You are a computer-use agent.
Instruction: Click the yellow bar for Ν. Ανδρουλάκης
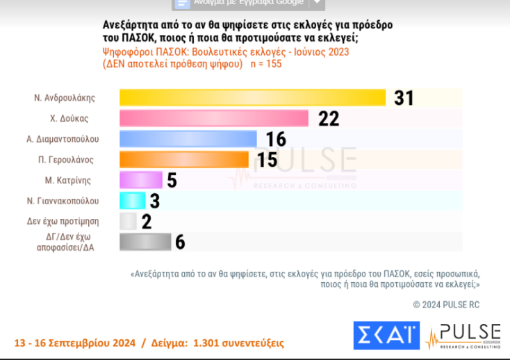[x=252, y=98]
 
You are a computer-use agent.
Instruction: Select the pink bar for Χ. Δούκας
[x=214, y=119]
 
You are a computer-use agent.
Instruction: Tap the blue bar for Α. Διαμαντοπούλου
[x=188, y=139]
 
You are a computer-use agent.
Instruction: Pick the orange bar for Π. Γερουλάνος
[x=184, y=160]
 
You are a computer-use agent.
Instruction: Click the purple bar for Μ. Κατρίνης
[x=141, y=180]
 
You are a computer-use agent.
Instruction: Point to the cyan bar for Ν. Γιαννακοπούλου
[x=133, y=201]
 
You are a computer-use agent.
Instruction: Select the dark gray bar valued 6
[x=145, y=242]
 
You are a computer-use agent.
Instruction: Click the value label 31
[x=404, y=98]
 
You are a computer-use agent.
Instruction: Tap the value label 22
[x=329, y=119]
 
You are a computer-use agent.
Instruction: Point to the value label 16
[x=276, y=139]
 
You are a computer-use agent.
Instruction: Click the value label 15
[x=268, y=160]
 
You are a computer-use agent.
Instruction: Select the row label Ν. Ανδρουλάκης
[x=64, y=98]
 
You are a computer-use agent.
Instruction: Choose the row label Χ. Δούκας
[x=72, y=119]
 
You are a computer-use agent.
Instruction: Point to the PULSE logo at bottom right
[x=463, y=335]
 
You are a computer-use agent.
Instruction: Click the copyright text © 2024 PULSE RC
[x=446, y=304]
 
